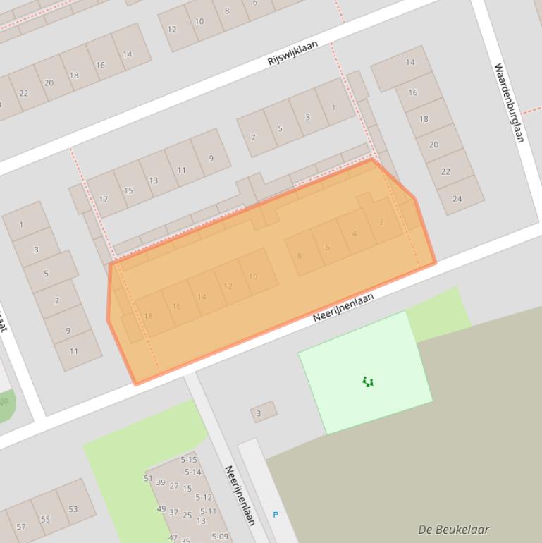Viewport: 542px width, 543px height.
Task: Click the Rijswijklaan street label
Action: [292, 54]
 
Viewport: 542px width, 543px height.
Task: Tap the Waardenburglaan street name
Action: [509, 103]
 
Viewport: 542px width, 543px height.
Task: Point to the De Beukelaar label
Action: [453, 530]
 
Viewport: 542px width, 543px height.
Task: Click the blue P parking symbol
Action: [275, 515]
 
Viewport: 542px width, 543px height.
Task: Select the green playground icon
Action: [367, 382]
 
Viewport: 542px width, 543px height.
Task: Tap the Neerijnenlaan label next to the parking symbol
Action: [239, 495]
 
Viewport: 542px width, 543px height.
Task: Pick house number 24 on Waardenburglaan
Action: [457, 199]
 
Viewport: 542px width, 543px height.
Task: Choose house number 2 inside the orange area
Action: [381, 222]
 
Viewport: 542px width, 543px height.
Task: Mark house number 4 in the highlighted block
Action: [354, 234]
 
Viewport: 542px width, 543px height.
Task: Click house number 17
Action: [104, 200]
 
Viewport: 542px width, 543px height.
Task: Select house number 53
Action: [73, 509]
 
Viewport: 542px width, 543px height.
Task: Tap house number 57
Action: [20, 527]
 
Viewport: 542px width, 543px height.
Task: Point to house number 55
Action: [46, 519]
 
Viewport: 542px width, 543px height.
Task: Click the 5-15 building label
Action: [189, 460]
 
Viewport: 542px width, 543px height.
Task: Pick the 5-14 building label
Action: [192, 472]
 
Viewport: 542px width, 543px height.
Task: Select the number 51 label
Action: [148, 479]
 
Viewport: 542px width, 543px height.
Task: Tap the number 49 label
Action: [161, 509]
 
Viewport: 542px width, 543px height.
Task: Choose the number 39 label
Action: [161, 482]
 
